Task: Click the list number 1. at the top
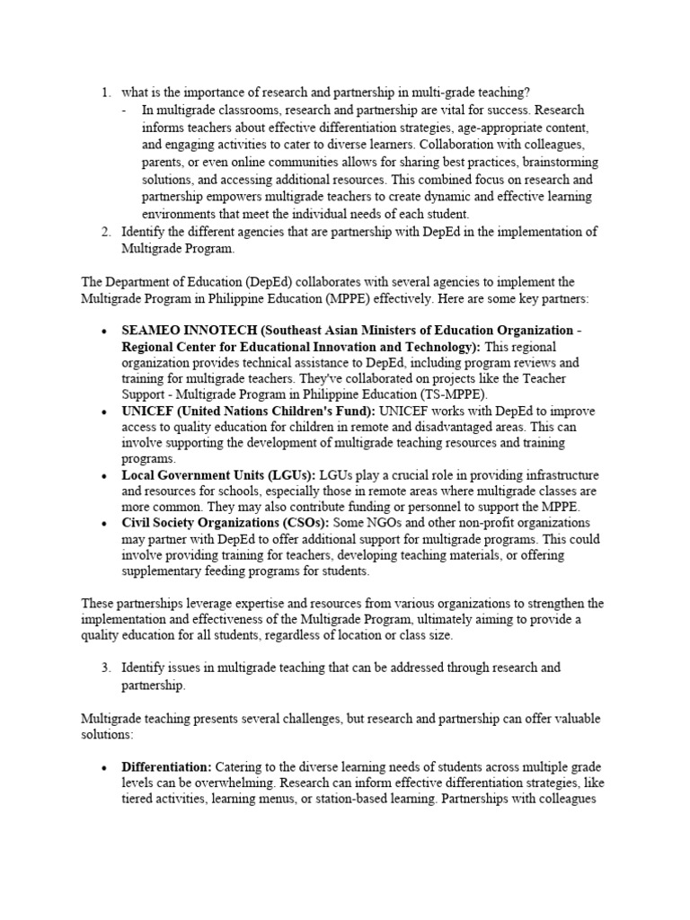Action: click(x=105, y=92)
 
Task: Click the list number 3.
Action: click(x=105, y=668)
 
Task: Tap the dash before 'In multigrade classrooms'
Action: click(x=124, y=110)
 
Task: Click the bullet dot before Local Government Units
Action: click(x=105, y=475)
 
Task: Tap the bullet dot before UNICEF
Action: click(x=105, y=411)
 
